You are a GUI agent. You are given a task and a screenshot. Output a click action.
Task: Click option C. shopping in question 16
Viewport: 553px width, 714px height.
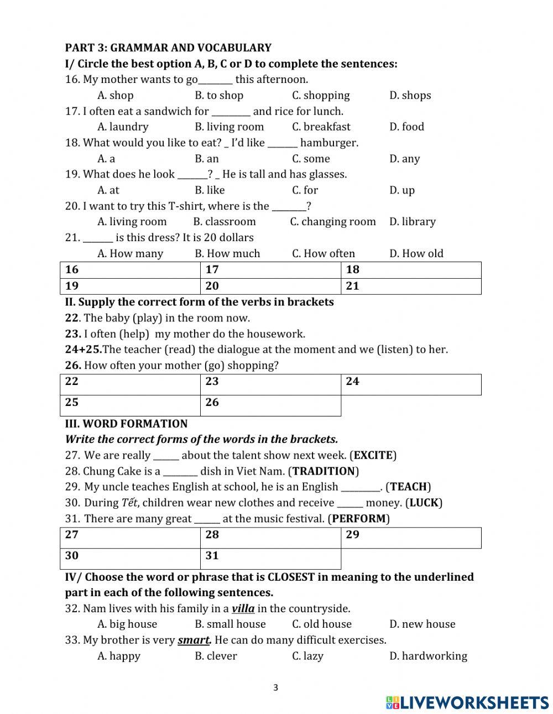321,95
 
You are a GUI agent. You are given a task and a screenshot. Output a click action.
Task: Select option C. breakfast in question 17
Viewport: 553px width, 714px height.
321,127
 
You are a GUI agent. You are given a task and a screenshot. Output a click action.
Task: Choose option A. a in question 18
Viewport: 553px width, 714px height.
106,159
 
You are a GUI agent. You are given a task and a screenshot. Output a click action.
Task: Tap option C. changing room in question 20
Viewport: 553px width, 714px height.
332,222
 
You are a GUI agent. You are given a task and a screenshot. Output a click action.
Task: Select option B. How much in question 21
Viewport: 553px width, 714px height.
227,253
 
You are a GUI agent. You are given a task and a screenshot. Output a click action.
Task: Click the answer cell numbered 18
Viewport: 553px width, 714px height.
411,270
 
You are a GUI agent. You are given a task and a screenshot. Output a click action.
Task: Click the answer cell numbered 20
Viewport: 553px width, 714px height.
270,286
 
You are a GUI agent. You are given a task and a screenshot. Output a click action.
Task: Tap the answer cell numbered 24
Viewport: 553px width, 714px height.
411,384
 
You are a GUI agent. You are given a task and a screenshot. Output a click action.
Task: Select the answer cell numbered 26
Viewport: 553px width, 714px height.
270,405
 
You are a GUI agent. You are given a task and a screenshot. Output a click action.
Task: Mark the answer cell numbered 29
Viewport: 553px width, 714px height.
411,538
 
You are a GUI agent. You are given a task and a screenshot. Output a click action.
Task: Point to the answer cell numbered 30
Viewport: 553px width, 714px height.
130,559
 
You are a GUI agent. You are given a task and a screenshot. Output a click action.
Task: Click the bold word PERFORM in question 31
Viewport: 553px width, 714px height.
358,519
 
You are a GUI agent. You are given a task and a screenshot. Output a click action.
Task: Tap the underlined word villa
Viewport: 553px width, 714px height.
243,609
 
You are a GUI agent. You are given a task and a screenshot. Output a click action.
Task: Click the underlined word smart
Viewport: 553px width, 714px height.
194,640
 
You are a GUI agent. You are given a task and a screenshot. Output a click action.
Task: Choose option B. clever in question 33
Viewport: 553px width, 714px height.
216,656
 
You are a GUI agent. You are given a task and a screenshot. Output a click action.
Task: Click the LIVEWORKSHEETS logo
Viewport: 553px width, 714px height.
467,702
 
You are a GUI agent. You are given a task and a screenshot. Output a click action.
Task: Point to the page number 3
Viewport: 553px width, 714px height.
276,688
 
